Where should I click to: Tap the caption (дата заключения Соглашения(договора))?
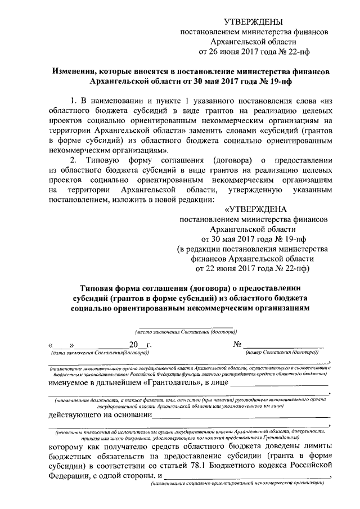point(100,353)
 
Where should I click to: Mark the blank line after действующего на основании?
point(241,417)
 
